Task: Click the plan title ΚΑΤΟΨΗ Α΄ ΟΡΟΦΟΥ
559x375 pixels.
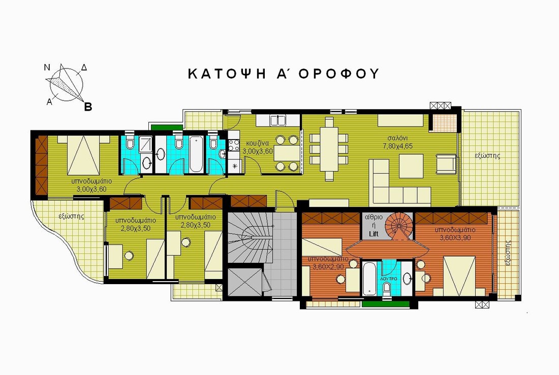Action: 284,74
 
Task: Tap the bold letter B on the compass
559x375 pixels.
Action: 88,107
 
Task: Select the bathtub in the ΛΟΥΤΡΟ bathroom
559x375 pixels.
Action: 369,278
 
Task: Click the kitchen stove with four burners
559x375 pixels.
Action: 233,144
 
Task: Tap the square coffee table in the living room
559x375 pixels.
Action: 411,166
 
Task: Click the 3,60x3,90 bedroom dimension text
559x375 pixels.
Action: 456,237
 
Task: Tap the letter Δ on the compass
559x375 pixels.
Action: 84,67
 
